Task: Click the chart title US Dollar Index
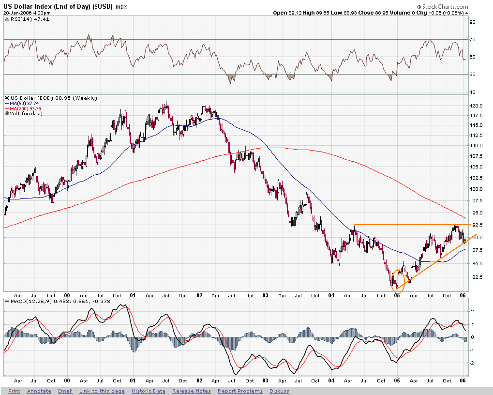coord(58,6)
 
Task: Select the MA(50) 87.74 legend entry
coord(24,103)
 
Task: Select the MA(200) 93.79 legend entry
coord(25,108)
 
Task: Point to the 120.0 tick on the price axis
coord(478,106)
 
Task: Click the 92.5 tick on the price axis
coord(478,225)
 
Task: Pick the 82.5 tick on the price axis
coord(478,277)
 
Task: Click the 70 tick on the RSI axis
coord(474,39)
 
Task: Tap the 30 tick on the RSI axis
coord(474,74)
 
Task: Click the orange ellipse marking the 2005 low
coord(397,281)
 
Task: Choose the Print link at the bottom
coord(14,391)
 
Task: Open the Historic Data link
coord(148,391)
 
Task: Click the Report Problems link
coord(240,391)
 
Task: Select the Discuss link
coord(279,391)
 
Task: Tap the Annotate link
coord(39,391)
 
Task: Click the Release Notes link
coord(191,391)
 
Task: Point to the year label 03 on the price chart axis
coord(266,294)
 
